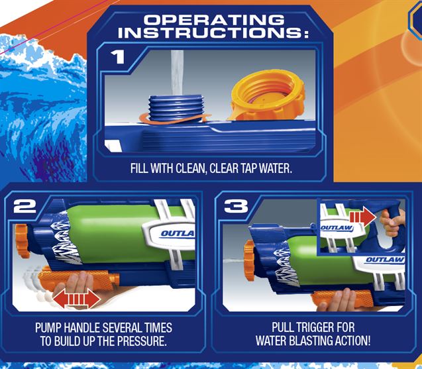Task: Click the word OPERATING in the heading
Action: (214, 20)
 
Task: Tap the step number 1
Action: (118, 57)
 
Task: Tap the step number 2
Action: (25, 206)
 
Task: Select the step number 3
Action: (236, 206)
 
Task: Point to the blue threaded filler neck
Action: (176, 108)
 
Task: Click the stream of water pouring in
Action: (178, 73)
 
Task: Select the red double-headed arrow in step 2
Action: (77, 299)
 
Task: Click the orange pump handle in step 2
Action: (78, 280)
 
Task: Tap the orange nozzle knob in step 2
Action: (22, 241)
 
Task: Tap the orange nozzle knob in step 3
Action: (250, 260)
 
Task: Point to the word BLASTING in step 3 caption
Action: (311, 341)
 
